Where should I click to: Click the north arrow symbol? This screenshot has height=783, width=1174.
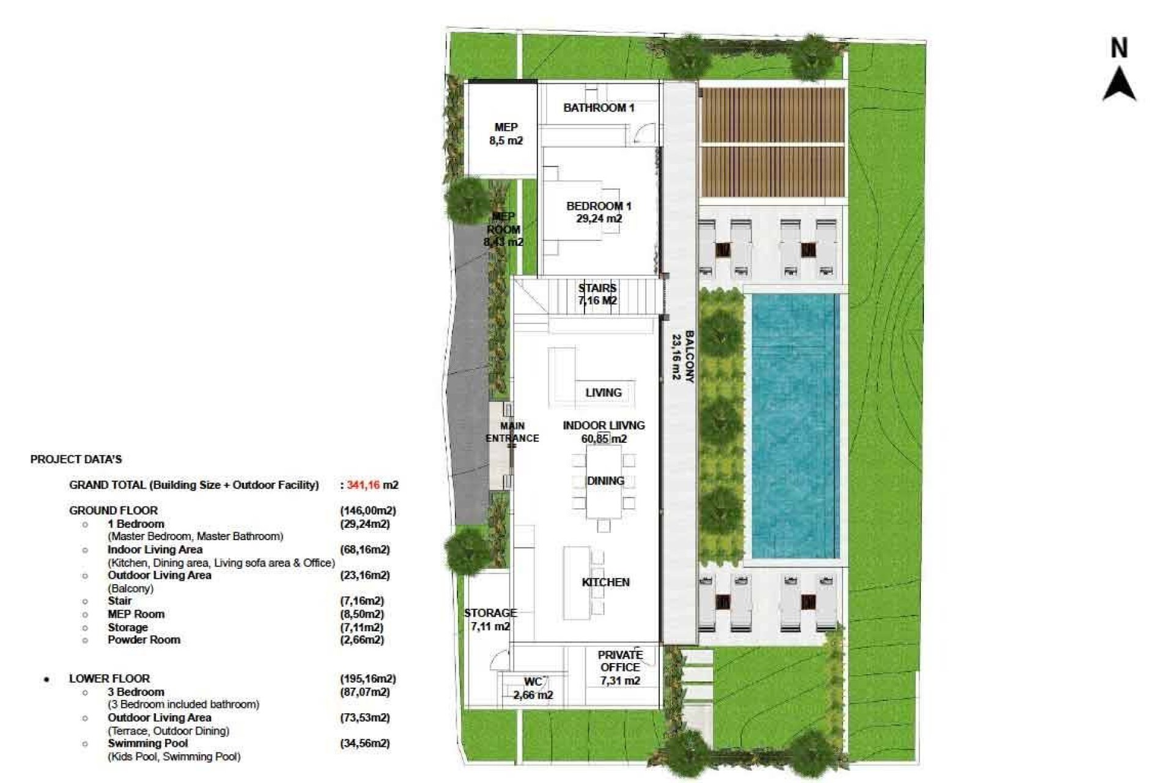(x=1119, y=84)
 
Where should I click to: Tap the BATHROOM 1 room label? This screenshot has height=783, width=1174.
(x=599, y=108)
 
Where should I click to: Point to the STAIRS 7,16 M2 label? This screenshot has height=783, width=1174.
(x=597, y=294)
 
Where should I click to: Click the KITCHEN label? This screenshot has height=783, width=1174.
(x=605, y=582)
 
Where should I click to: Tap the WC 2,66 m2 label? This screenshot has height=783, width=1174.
(x=533, y=688)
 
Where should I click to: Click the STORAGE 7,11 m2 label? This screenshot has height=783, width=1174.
(x=490, y=619)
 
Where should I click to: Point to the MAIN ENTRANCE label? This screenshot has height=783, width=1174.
(x=512, y=432)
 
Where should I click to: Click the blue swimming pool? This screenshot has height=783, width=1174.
(x=794, y=426)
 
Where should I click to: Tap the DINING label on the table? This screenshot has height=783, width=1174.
(x=605, y=481)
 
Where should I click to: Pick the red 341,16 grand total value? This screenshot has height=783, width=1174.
(x=363, y=485)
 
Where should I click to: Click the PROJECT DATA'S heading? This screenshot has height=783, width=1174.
(x=76, y=459)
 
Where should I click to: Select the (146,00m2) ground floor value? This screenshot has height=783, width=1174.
(x=367, y=510)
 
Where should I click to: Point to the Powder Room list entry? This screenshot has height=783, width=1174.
(x=144, y=640)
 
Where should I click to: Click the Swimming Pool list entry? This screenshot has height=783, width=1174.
(x=147, y=743)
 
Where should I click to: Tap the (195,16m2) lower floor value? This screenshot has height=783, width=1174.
(x=367, y=678)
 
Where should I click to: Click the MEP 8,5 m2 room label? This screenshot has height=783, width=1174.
(x=506, y=134)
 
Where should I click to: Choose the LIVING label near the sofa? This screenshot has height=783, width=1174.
(x=603, y=393)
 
